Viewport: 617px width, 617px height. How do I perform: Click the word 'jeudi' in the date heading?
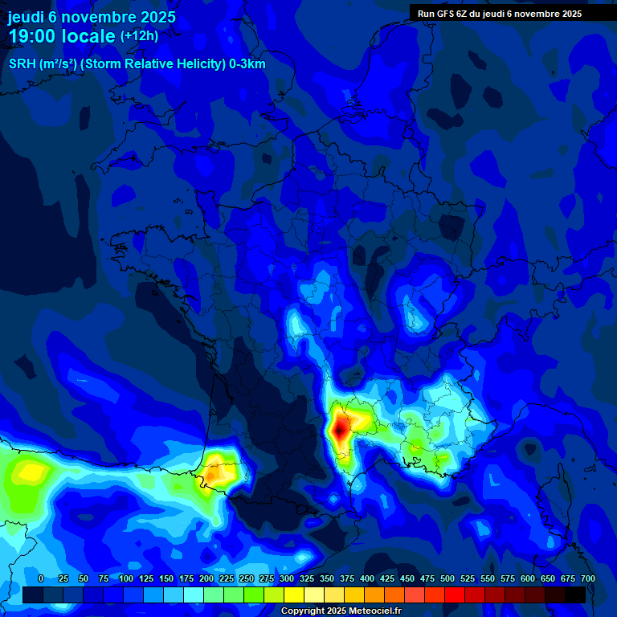click(26, 17)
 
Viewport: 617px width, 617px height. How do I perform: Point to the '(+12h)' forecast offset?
click(139, 36)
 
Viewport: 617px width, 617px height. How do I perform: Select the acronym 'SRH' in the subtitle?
click(22, 64)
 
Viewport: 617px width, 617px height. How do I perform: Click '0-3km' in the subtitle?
click(247, 64)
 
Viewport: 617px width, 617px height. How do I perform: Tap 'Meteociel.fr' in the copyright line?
click(374, 611)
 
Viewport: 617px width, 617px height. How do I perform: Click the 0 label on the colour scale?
click(41, 578)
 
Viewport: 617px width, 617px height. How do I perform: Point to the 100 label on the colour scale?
click(126, 578)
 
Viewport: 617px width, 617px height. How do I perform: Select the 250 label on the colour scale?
click(247, 578)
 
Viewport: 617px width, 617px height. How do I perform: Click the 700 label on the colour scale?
click(587, 578)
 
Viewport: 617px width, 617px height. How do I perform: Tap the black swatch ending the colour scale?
click(574, 595)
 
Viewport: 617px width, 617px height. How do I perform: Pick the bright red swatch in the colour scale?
click(454, 595)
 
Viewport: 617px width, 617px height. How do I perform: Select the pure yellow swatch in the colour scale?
click(293, 595)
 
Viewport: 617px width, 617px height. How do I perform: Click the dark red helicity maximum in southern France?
click(340, 428)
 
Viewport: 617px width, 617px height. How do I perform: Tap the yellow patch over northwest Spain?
click(30, 472)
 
